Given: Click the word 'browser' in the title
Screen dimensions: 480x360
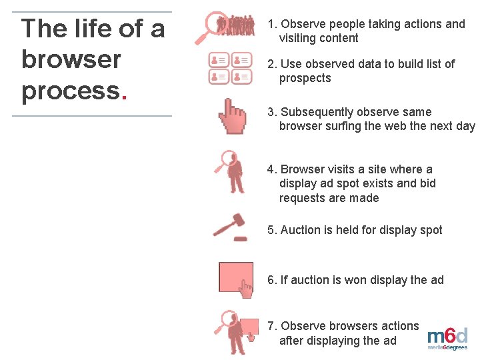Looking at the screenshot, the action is click(71, 59).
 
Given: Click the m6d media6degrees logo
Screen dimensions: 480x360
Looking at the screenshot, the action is click(447, 339).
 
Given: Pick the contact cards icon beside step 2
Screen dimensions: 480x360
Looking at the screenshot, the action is click(231, 69).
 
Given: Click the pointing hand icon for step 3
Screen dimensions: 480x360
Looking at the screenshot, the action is click(233, 117).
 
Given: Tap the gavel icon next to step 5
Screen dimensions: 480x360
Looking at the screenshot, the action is click(229, 226).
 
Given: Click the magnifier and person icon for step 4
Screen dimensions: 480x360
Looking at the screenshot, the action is click(231, 171).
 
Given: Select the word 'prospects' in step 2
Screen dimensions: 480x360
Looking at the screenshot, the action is click(305, 78).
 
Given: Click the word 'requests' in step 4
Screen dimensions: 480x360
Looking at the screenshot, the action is click(329, 198).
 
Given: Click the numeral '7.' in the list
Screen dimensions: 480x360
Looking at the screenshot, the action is click(272, 326).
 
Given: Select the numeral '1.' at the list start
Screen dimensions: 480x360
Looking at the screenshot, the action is click(272, 24).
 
